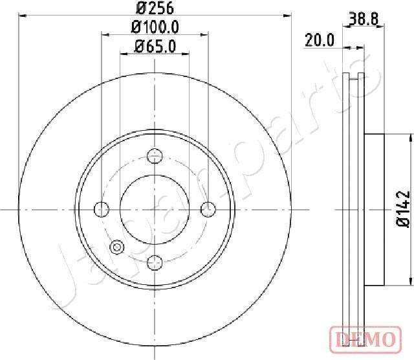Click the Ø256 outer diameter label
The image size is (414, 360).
[155, 8]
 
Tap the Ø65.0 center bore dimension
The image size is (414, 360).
[155, 46]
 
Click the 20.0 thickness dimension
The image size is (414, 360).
[319, 40]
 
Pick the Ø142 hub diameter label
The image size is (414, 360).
[403, 209]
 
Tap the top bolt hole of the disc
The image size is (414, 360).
[155, 155]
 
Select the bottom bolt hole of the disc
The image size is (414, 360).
[155, 262]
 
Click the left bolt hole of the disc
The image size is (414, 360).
[102, 209]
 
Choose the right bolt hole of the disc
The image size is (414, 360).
[208, 209]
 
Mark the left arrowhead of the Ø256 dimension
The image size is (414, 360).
[23, 16]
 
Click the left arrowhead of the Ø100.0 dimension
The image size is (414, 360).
[104, 35]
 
